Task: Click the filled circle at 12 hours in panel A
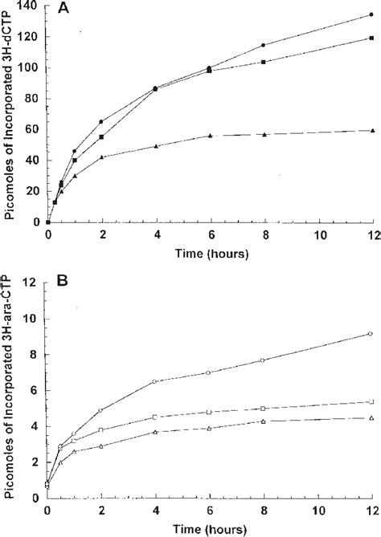click(x=370, y=14)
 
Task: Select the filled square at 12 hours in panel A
click(x=370, y=38)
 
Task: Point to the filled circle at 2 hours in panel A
click(x=101, y=122)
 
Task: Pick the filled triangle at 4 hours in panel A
click(x=155, y=146)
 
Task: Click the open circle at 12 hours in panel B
click(x=370, y=334)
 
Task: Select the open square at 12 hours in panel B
click(x=370, y=402)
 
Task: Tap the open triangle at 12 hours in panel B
click(x=370, y=417)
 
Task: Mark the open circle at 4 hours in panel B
click(x=155, y=381)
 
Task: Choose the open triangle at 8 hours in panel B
click(x=263, y=421)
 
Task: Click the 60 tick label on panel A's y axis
click(x=35, y=130)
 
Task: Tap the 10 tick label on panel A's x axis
click(x=316, y=235)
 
